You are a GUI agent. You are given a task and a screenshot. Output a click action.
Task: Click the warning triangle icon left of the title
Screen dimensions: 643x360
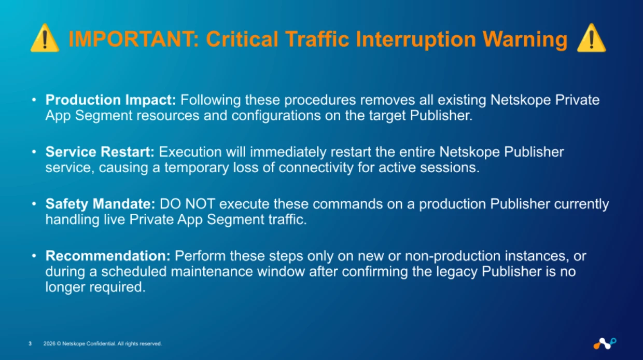[45, 38]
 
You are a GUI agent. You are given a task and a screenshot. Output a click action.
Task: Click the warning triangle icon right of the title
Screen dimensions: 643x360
[591, 38]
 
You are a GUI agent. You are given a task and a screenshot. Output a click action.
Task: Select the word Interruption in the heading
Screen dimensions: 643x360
[416, 39]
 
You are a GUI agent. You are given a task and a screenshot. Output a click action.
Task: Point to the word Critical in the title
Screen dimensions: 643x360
[242, 39]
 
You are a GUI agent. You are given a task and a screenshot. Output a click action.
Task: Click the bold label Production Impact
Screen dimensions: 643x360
[110, 100]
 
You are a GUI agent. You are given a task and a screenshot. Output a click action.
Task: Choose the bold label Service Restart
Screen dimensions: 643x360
[100, 152]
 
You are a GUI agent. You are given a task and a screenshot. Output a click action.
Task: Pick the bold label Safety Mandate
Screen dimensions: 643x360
[100, 204]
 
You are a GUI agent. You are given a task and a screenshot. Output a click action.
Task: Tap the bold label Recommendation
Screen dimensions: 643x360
[108, 256]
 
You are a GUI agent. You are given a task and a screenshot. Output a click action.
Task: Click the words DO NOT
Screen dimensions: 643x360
[187, 204]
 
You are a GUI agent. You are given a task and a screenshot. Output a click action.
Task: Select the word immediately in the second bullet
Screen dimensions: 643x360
[288, 152]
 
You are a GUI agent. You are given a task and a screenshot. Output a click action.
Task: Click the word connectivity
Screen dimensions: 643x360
[316, 168]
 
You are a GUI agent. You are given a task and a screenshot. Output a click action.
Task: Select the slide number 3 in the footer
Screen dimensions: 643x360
[30, 343]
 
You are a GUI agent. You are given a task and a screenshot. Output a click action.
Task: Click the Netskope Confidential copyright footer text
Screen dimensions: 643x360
[103, 343]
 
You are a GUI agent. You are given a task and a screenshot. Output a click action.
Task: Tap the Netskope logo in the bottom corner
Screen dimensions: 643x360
[605, 343]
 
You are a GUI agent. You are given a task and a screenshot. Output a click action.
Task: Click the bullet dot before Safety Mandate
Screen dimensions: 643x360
[34, 204]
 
